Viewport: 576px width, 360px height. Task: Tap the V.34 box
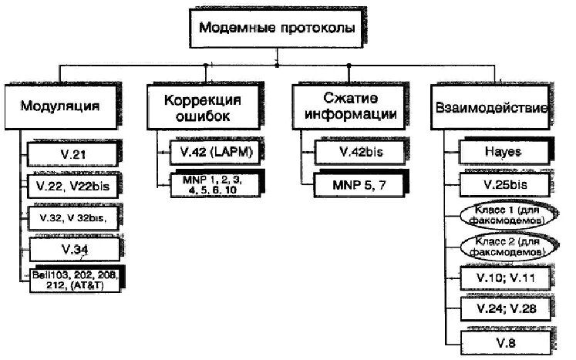click(x=74, y=248)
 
